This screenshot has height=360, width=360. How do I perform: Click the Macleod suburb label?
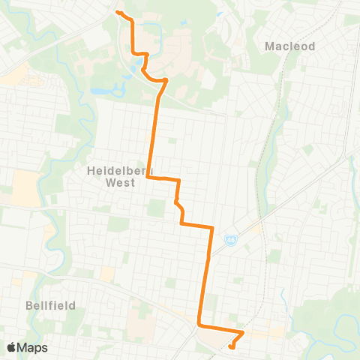[x=290, y=46]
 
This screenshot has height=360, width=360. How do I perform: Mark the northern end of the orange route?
[x=118, y=12]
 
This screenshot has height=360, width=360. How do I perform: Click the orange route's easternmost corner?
[x=244, y=332]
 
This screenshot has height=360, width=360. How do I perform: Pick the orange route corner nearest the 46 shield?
[x=212, y=226]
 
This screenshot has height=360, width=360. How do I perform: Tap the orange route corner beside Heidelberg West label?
[x=148, y=178]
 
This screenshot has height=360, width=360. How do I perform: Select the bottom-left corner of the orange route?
[x=199, y=325]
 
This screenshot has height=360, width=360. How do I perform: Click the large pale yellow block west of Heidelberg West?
[x=27, y=184]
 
